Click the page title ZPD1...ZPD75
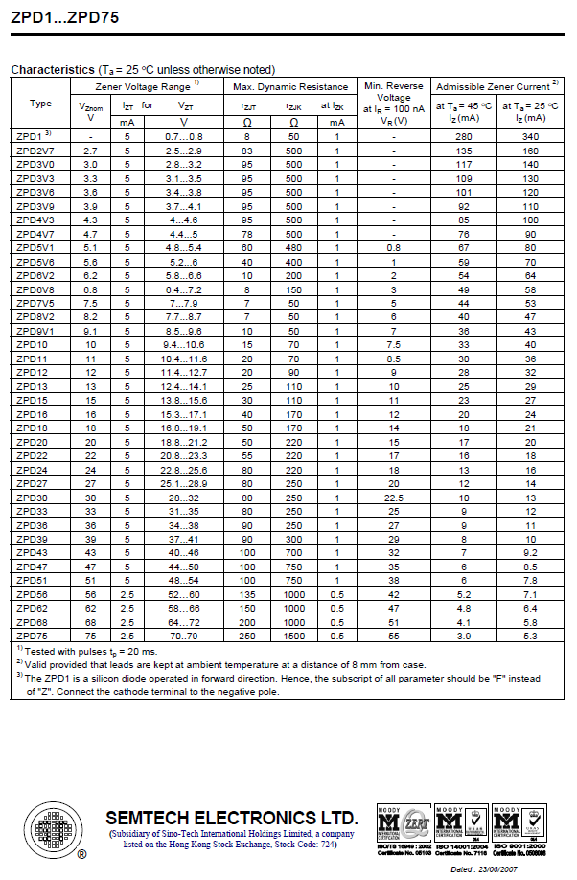[x=60, y=15]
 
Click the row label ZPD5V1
[x=36, y=247]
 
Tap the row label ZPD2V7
[x=36, y=151]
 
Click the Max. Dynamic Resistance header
[x=290, y=86]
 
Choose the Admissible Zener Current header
[x=497, y=86]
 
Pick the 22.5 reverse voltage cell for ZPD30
[x=393, y=498]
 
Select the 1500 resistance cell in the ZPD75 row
[x=293, y=636]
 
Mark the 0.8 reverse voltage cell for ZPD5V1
[x=393, y=247]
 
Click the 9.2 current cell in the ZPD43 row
[x=530, y=553]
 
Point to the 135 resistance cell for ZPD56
[x=247, y=594]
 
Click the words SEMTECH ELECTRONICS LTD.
[x=231, y=818]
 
